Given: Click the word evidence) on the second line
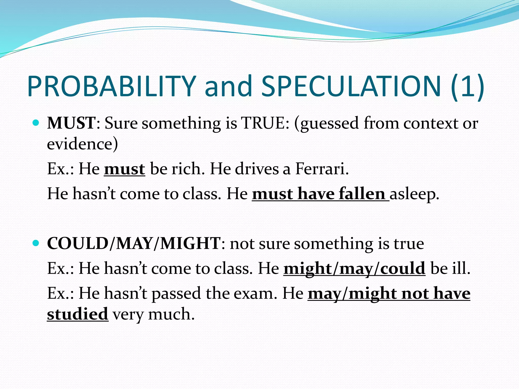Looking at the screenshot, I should (82, 144).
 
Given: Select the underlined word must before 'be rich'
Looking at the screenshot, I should (124, 169).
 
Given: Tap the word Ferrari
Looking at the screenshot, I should (322, 169).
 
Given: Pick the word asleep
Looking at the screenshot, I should (414, 194).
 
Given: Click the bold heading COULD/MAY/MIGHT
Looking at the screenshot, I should (134, 244).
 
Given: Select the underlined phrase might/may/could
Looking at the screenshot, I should (354, 268).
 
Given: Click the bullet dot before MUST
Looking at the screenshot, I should (36, 123).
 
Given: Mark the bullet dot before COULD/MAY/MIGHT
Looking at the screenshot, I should (36, 244).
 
